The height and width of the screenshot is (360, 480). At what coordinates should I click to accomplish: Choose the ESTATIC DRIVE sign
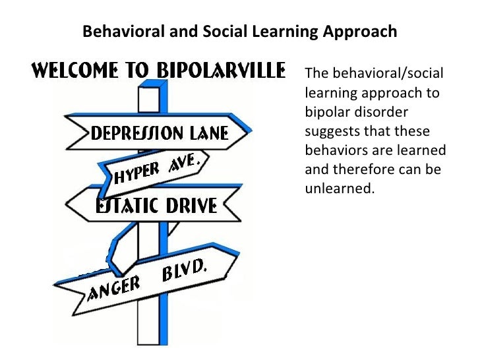pyautogui.click(x=156, y=206)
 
